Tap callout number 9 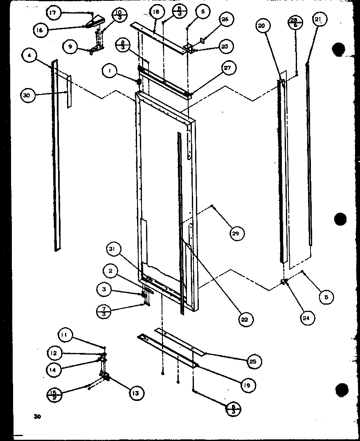tap(70, 47)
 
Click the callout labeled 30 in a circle tap(27, 95)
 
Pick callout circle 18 tap(156, 12)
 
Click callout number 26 tap(225, 19)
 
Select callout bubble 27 tap(228, 68)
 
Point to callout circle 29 tap(237, 233)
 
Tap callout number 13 tap(135, 394)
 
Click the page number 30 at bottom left tap(38, 417)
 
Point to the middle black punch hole tap(340, 219)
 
